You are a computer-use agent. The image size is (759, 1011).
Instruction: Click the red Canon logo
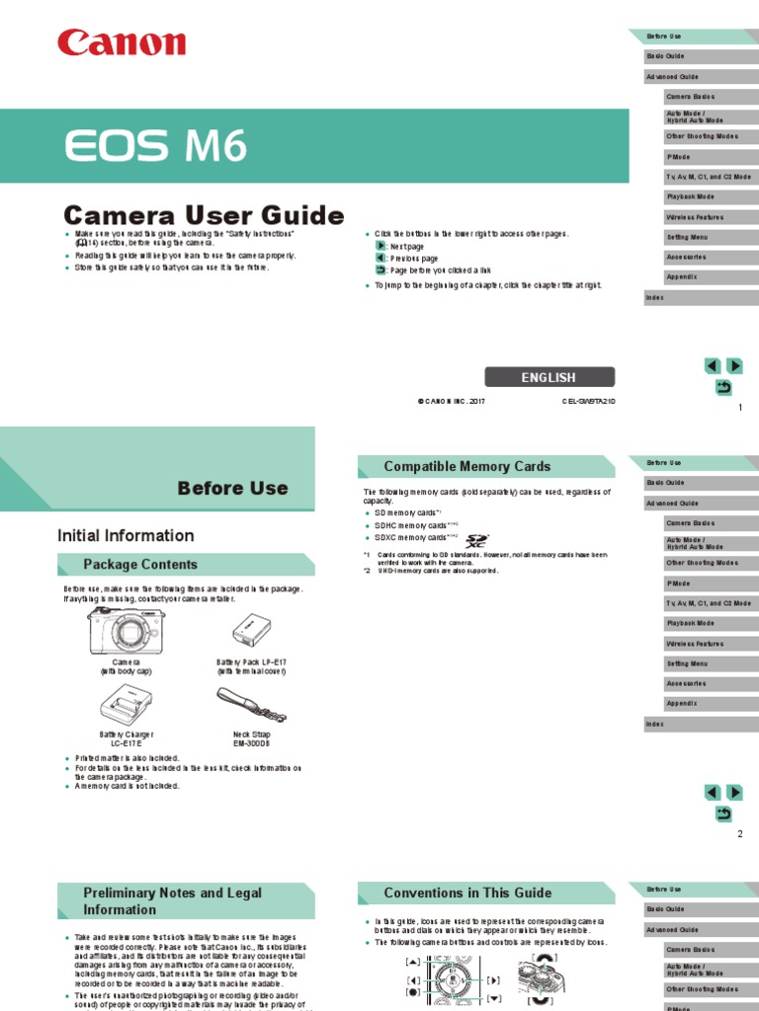pos(122,43)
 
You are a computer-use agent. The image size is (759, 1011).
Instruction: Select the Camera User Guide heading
pos(204,215)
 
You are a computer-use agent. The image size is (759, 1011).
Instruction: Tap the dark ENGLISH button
pos(548,377)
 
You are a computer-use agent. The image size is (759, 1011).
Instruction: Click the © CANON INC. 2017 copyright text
pos(452,402)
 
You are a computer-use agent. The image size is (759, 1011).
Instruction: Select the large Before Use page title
pos(232,488)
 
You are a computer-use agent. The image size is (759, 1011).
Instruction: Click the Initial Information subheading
pos(126,535)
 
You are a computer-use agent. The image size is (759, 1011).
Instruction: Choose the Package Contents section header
pos(139,565)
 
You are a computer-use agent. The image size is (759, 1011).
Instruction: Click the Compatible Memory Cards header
pos(466,466)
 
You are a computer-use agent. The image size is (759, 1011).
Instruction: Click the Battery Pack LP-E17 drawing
pos(250,632)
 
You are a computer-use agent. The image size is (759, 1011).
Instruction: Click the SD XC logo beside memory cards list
pos(476,540)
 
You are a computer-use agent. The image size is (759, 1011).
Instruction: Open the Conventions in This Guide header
pos(467,893)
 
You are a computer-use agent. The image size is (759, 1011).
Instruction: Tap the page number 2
pos(739,834)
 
